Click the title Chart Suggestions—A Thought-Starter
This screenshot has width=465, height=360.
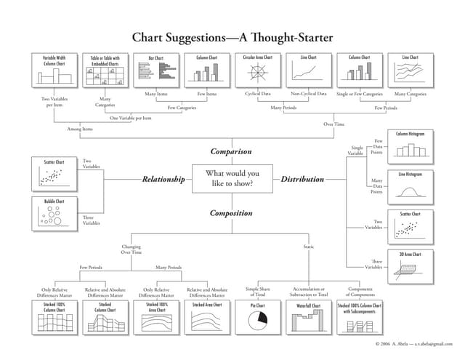coord(232,36)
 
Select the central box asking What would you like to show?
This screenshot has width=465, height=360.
coord(232,178)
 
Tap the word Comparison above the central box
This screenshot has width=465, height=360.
coord(231,151)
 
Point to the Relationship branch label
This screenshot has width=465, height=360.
coord(163,178)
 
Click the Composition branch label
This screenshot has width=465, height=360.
coord(231,213)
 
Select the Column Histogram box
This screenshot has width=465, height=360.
coord(411,145)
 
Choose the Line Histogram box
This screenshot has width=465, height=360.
coord(411,185)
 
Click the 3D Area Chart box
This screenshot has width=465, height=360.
coord(411,266)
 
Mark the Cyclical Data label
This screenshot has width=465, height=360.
coord(259,94)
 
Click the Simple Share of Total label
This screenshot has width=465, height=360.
coord(258,292)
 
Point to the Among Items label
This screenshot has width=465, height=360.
coord(80,129)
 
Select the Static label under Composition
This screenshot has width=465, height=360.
coord(309,247)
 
